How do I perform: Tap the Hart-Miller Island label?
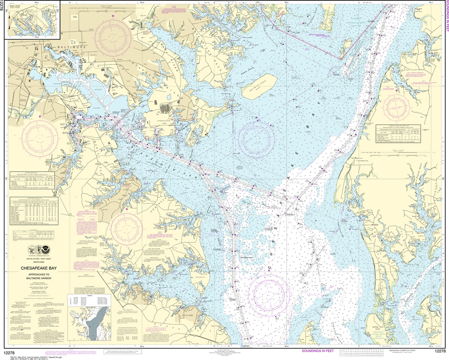(258, 86)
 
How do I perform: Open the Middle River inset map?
(31, 21)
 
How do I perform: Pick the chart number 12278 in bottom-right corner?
(440, 351)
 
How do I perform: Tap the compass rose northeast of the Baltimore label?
(113, 36)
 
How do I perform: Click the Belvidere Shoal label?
(249, 257)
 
